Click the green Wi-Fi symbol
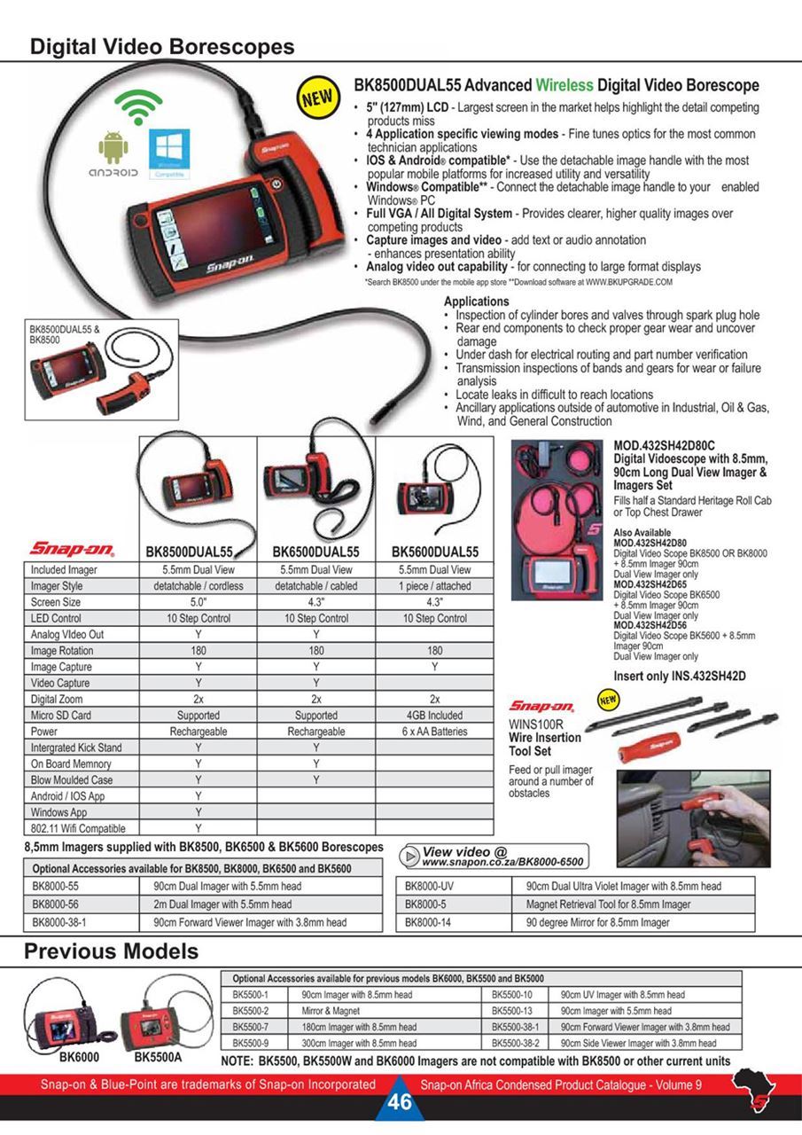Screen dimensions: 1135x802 coord(136,107)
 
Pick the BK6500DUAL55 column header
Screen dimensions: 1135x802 coord(315,552)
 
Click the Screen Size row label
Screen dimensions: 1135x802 coord(56,602)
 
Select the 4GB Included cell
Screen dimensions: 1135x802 coord(434,715)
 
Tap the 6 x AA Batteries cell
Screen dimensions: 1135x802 coord(434,732)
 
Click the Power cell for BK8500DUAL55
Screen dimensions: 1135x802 coord(198,732)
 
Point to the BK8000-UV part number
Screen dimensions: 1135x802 coord(429,886)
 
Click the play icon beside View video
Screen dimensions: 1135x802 coord(409,856)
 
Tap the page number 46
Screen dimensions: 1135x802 coord(400,1102)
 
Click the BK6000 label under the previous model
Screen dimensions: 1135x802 coord(79,1057)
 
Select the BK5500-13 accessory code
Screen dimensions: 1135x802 coord(511,1011)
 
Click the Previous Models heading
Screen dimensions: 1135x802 coord(111,951)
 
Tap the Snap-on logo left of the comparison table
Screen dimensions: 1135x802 coord(72,549)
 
